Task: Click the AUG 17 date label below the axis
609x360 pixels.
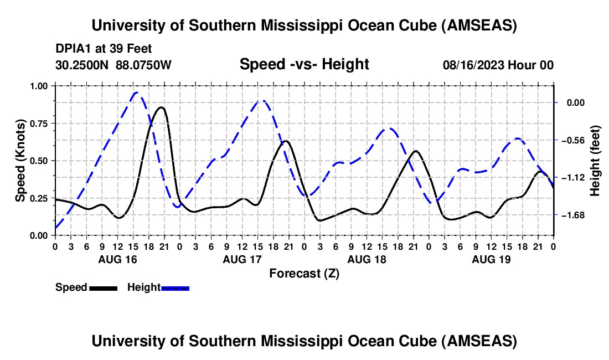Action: [x=242, y=259]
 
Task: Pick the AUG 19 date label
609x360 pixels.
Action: [x=491, y=259]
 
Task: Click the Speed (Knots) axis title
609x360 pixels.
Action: [x=20, y=161]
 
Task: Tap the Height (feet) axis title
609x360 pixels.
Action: [x=595, y=161]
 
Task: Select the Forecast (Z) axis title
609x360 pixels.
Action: [x=304, y=273]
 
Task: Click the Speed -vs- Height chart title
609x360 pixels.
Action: [x=304, y=65]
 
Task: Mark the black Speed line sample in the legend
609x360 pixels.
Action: [x=103, y=287]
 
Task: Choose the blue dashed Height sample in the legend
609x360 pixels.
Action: [x=175, y=287]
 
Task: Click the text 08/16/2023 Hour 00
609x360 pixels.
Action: [x=498, y=65]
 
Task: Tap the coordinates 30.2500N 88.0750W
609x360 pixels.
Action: [x=113, y=65]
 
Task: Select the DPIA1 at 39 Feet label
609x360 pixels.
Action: [x=104, y=49]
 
